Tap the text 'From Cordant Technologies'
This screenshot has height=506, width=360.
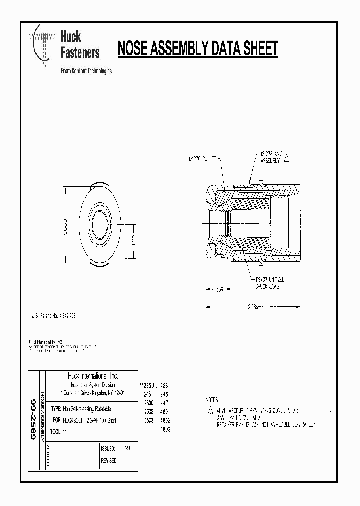click(x=86, y=71)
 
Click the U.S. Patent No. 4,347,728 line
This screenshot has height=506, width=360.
click(x=54, y=316)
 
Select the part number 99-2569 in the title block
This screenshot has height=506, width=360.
click(x=33, y=419)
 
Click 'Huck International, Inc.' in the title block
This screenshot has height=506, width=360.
click(x=92, y=376)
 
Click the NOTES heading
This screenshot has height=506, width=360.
click(x=212, y=400)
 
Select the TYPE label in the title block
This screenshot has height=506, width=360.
click(x=56, y=408)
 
